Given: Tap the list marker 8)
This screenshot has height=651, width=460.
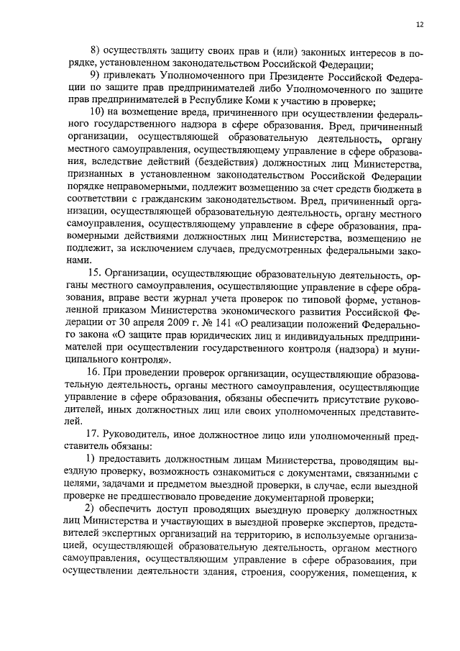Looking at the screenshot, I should [94, 52].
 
